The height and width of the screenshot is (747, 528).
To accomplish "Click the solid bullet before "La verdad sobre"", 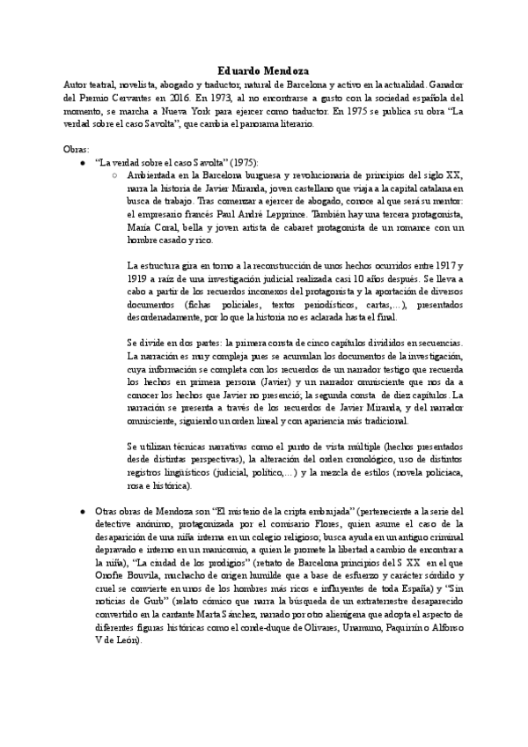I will [x=82, y=164].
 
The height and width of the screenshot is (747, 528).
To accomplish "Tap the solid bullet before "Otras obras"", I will [x=82, y=511].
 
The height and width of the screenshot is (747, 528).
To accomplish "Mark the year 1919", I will [x=140, y=278].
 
